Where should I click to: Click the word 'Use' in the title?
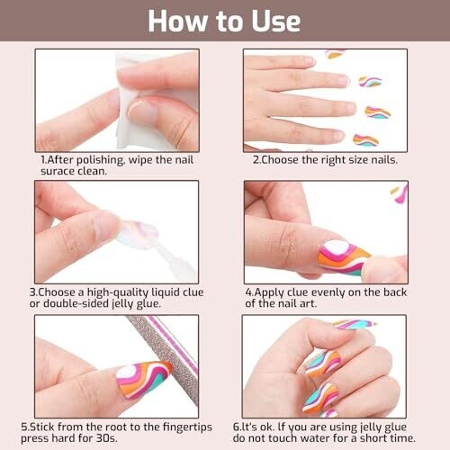tap(276, 21)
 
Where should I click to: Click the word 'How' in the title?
tap(177, 21)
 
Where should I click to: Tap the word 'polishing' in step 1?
tap(101, 160)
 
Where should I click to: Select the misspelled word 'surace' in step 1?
tap(58, 171)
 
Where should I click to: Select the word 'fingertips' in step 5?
tap(187, 427)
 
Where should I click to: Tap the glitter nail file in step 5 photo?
tap(168, 360)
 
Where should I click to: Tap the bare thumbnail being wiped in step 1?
tap(142, 110)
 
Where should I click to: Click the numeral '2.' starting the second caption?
tap(256, 160)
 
